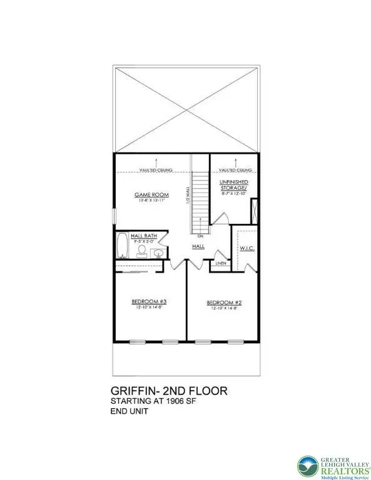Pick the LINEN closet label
point(220,263)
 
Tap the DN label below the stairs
point(200,237)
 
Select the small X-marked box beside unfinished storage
point(253,210)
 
